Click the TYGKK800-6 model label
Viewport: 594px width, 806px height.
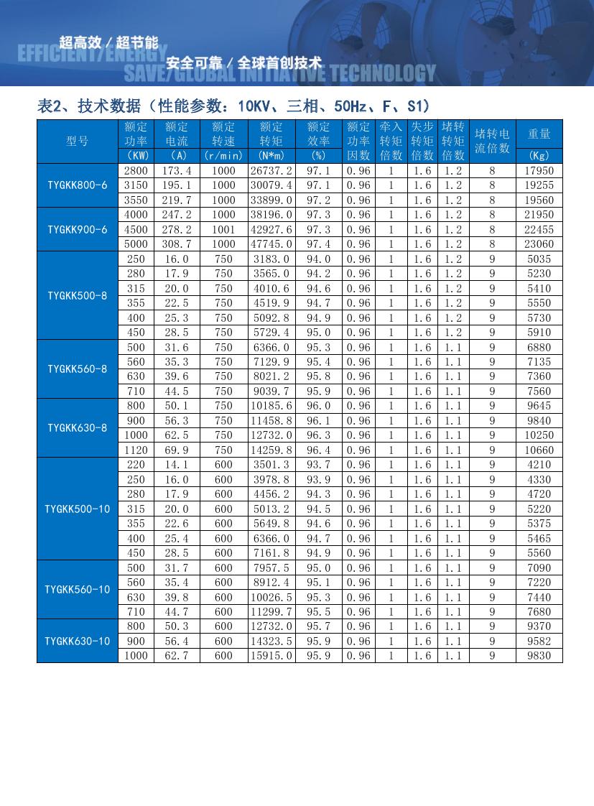pos(78,185)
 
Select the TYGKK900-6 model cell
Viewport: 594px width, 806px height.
pos(78,229)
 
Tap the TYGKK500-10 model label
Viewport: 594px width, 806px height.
pos(78,509)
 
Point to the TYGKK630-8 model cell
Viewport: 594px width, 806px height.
pos(78,427)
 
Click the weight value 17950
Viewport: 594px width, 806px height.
pos(539,171)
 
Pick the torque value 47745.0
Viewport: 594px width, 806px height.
pos(271,244)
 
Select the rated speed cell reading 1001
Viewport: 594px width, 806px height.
pos(223,229)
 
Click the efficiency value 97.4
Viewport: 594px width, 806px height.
pos(318,244)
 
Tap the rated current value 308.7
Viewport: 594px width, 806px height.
pos(177,244)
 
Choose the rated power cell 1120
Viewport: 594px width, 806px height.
pos(136,450)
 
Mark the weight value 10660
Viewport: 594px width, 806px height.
pos(539,450)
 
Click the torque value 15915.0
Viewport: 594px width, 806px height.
pos(271,655)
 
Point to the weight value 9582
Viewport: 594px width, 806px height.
pos(539,641)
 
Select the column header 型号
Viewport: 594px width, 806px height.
pos(78,141)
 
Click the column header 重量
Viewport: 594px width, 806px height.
pos(539,134)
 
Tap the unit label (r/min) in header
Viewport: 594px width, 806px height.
pos(223,155)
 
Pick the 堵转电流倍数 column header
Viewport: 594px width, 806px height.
pos(492,141)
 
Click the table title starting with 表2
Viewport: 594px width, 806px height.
pos(233,106)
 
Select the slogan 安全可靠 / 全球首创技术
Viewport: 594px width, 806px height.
pos(243,62)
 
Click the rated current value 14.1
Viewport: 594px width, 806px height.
pos(177,465)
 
